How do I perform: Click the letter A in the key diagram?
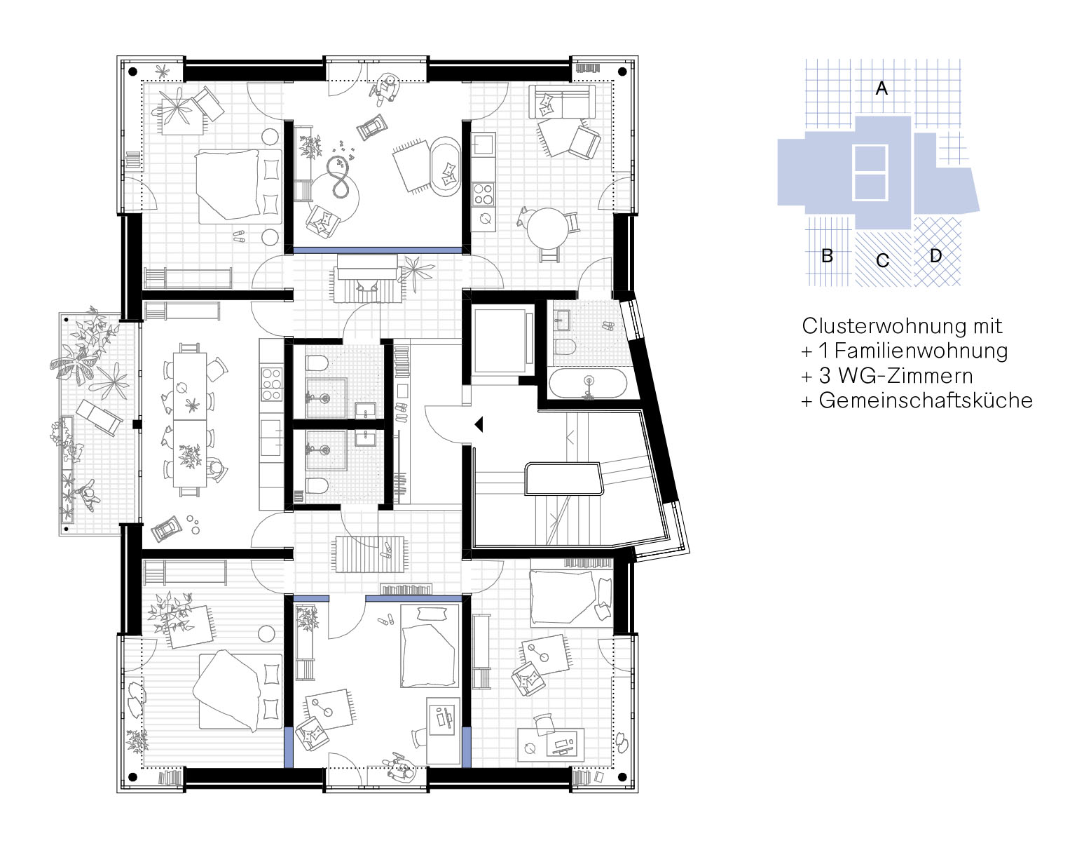[882, 88]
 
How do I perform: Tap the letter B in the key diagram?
[827, 256]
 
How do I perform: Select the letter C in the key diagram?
[882, 260]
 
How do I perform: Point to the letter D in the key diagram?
[935, 256]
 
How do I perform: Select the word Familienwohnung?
[921, 351]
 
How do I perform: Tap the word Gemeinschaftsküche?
[926, 400]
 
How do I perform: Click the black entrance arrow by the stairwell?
[479, 424]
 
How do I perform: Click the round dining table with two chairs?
[547, 229]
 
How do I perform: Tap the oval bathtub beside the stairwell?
[588, 383]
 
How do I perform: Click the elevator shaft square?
[500, 341]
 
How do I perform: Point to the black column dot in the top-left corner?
[133, 72]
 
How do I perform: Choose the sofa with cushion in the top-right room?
[561, 102]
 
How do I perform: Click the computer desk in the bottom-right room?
[551, 744]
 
